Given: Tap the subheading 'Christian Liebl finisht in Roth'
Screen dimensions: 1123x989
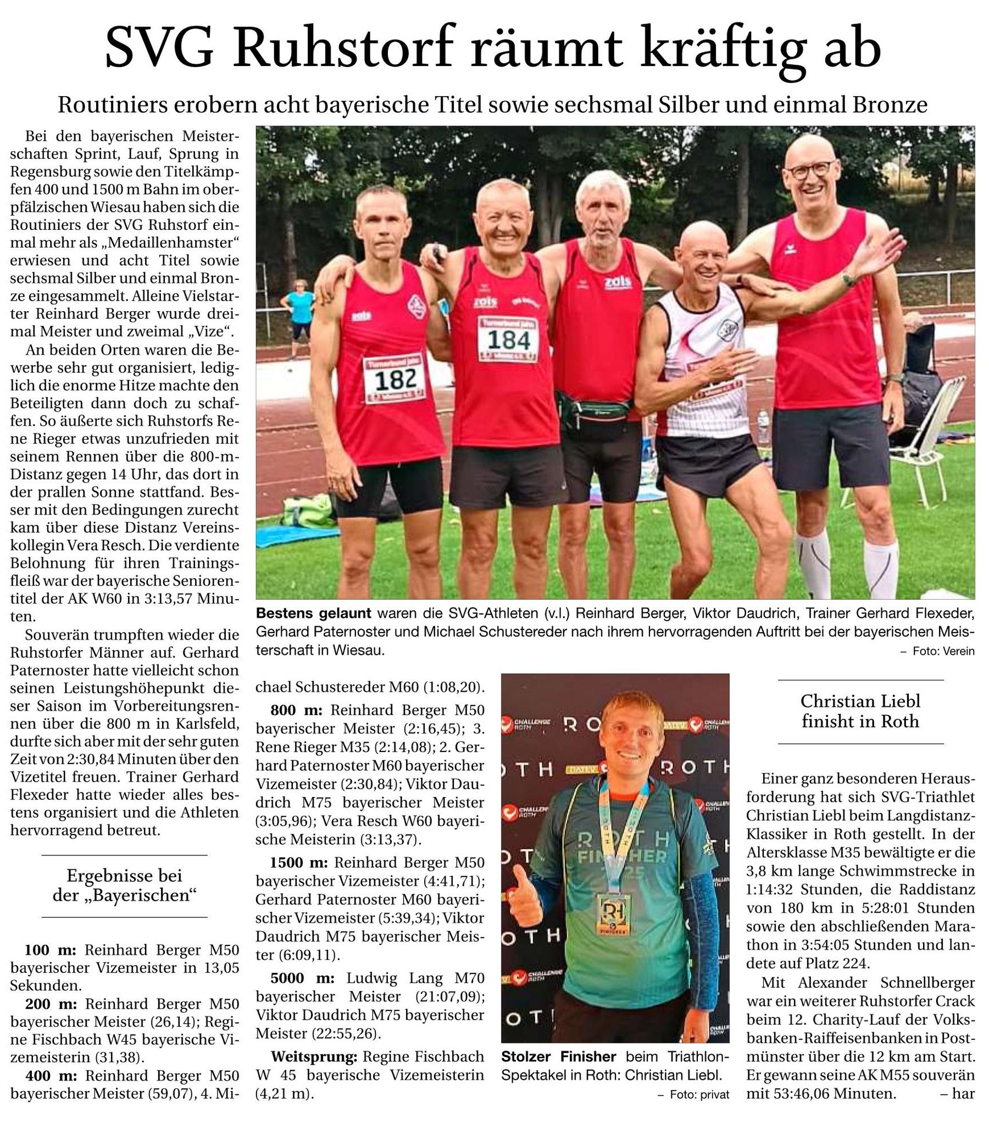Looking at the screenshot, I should click(x=860, y=711).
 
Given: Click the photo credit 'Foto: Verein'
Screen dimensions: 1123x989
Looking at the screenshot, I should click(x=943, y=651).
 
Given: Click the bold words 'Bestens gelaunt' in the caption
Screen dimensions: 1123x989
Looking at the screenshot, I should click(x=313, y=613).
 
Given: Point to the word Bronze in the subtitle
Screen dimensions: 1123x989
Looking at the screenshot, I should click(x=890, y=104).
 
